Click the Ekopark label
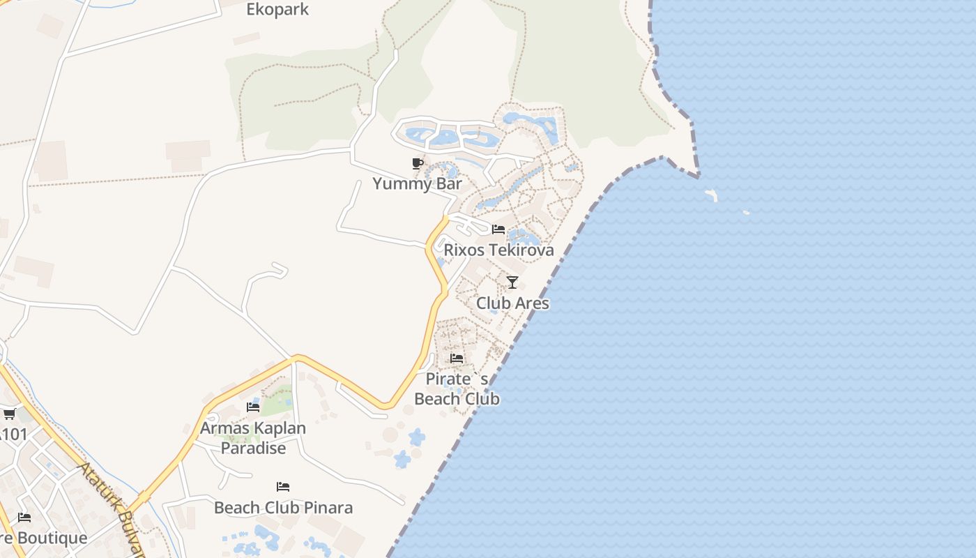click(x=277, y=10)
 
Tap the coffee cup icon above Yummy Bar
click(x=417, y=164)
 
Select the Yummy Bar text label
click(x=417, y=184)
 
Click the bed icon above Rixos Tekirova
click(x=498, y=229)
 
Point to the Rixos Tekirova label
click(x=498, y=250)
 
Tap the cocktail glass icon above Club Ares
click(x=512, y=282)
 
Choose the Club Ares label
click(x=512, y=303)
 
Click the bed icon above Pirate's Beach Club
click(x=457, y=358)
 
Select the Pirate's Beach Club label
click(x=457, y=389)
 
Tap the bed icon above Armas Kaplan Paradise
click(x=253, y=407)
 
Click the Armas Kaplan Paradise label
click(x=253, y=438)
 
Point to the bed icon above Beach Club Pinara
click(x=283, y=486)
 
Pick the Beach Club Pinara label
click(x=283, y=508)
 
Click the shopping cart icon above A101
click(x=9, y=414)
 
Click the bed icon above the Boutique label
click(x=24, y=518)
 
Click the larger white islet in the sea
click(x=711, y=195)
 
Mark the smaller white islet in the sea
click(x=746, y=212)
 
